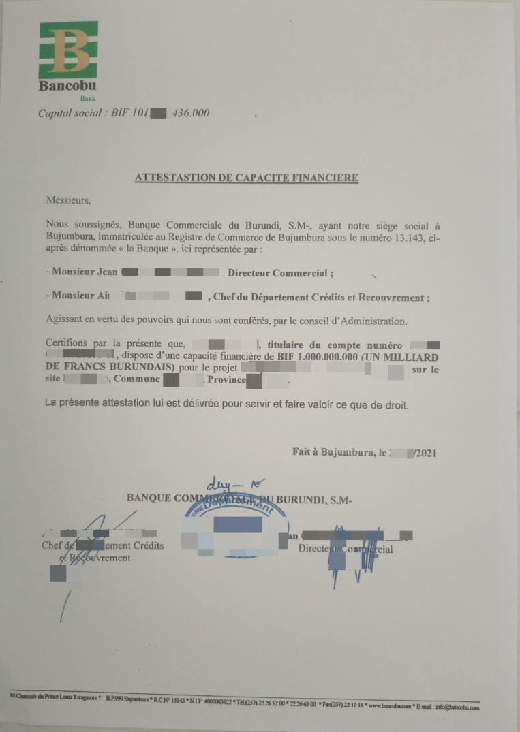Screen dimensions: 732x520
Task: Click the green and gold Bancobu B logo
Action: [68, 49]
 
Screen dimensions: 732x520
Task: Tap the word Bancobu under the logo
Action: [67, 86]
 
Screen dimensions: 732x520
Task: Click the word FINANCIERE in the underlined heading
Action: [324, 178]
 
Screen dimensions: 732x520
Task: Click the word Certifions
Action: [68, 344]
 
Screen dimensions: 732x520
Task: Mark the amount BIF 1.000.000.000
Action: [320, 356]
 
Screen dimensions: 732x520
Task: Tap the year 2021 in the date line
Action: [425, 452]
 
